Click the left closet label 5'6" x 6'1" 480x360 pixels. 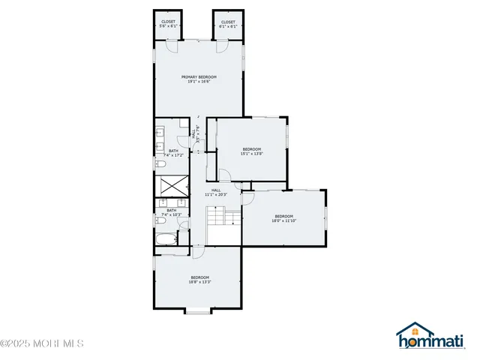click(x=168, y=24)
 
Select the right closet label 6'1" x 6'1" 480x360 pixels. click(x=227, y=24)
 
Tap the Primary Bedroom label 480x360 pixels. click(x=199, y=79)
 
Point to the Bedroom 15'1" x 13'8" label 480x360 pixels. click(x=251, y=151)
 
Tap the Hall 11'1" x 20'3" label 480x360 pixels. click(x=216, y=192)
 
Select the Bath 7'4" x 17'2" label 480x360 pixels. click(x=173, y=153)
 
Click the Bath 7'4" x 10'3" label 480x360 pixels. click(x=172, y=212)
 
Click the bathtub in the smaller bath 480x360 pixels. click(x=166, y=241)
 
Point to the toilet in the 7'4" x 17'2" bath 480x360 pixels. click(x=160, y=164)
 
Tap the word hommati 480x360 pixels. click(x=435, y=343)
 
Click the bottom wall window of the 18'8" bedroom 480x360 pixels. click(x=198, y=310)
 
